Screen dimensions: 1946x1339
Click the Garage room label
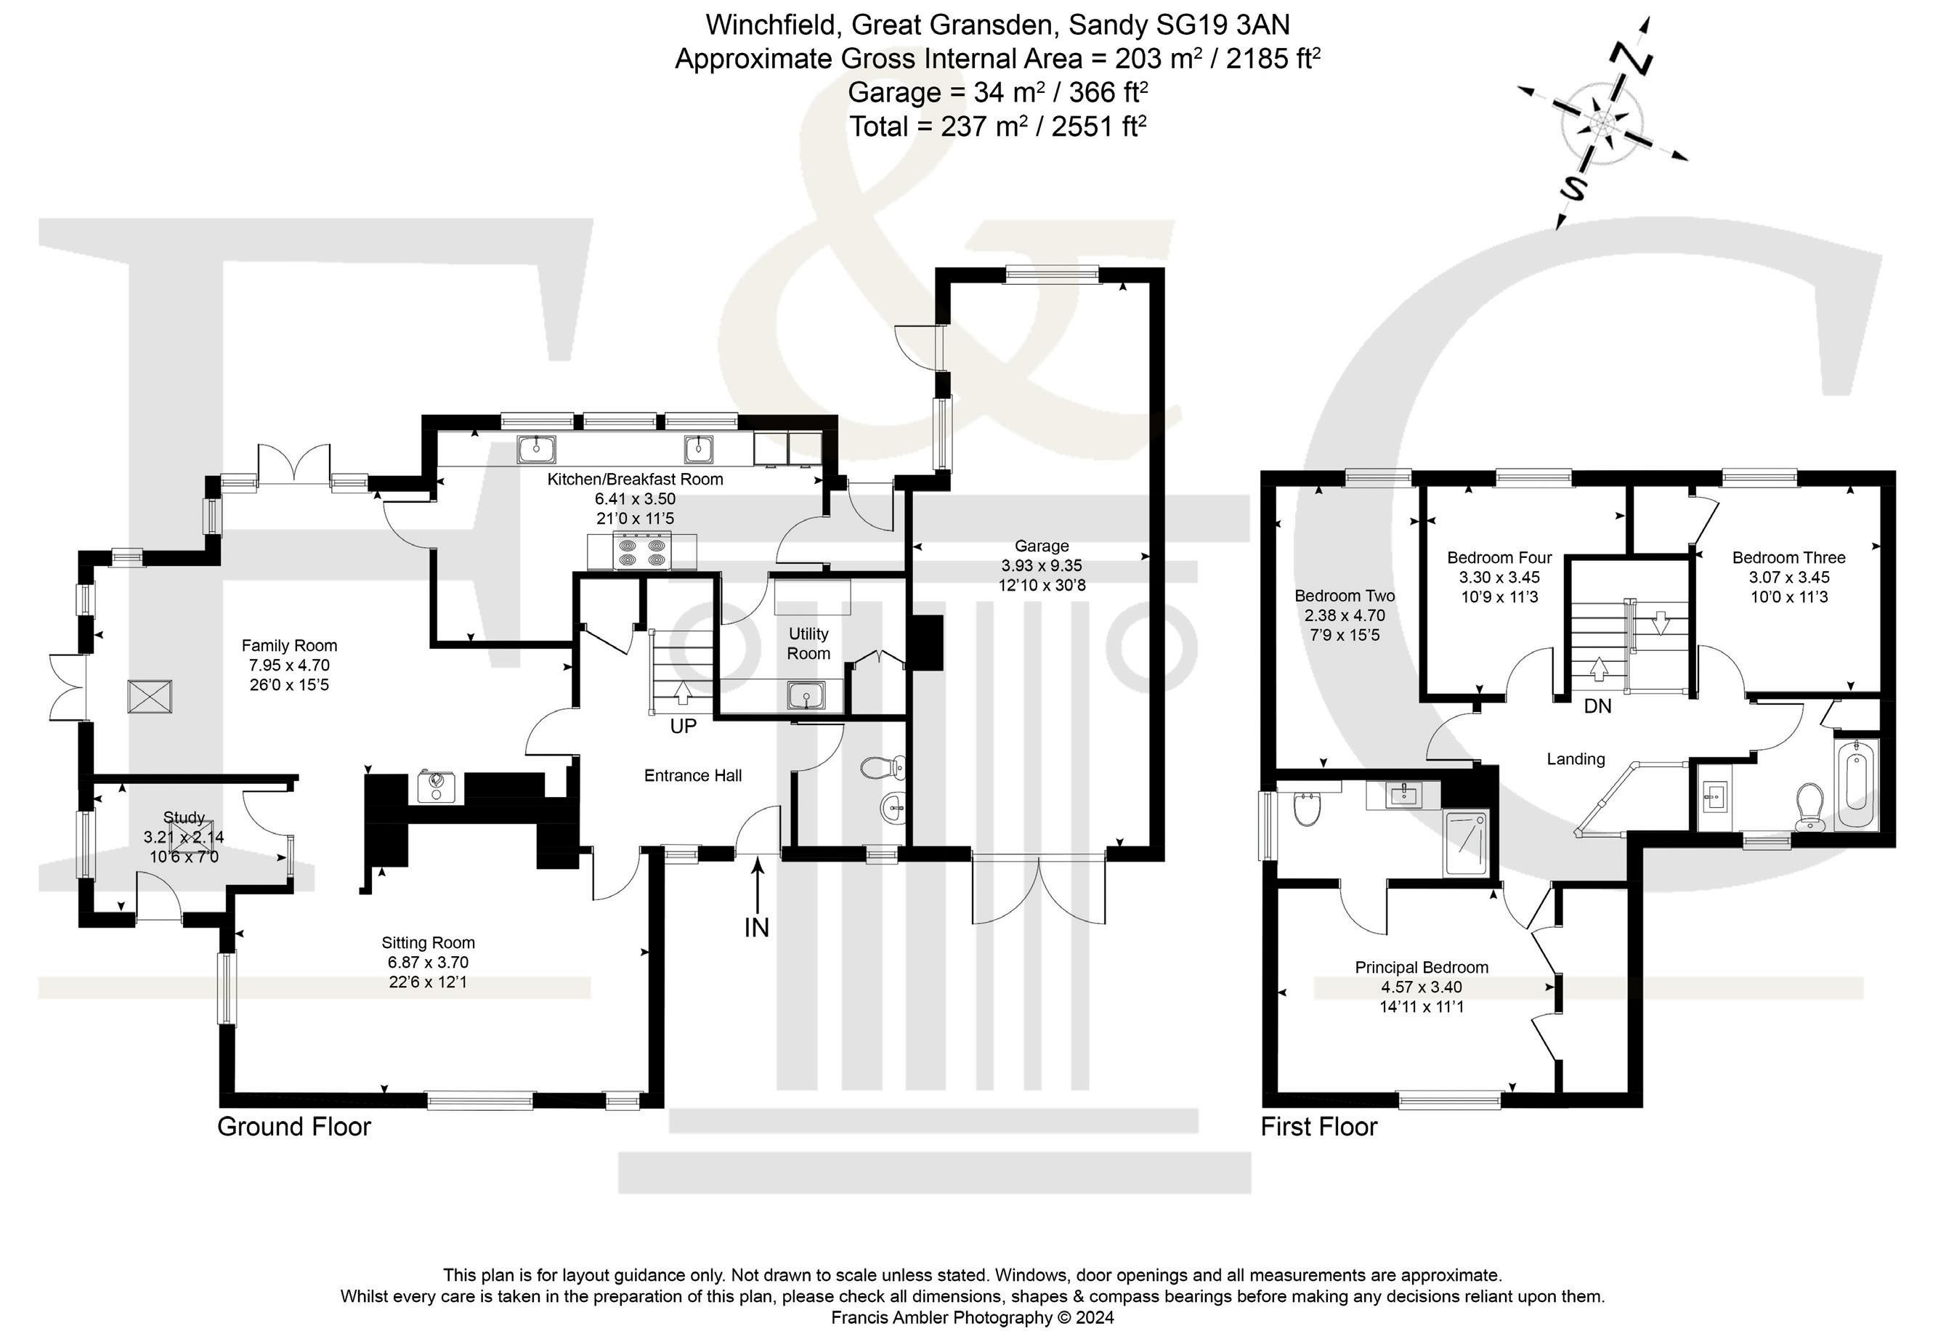point(1042,546)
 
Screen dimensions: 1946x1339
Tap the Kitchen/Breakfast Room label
point(635,479)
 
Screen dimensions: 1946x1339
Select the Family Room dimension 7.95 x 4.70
point(289,666)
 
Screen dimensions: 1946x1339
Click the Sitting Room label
point(428,942)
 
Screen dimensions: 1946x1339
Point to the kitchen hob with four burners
point(641,551)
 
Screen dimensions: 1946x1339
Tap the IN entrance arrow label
point(757,927)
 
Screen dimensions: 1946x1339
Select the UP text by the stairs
point(684,727)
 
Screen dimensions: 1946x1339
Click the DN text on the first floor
point(1598,706)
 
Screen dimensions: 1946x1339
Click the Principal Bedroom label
point(1422,967)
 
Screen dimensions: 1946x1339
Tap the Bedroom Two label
point(1345,596)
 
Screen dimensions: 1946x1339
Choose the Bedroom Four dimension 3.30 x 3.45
point(1500,577)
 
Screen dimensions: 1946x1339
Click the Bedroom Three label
point(1789,557)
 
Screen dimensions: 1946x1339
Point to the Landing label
point(1576,759)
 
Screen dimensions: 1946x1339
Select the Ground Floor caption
point(294,1126)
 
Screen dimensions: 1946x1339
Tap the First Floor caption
point(1319,1126)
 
